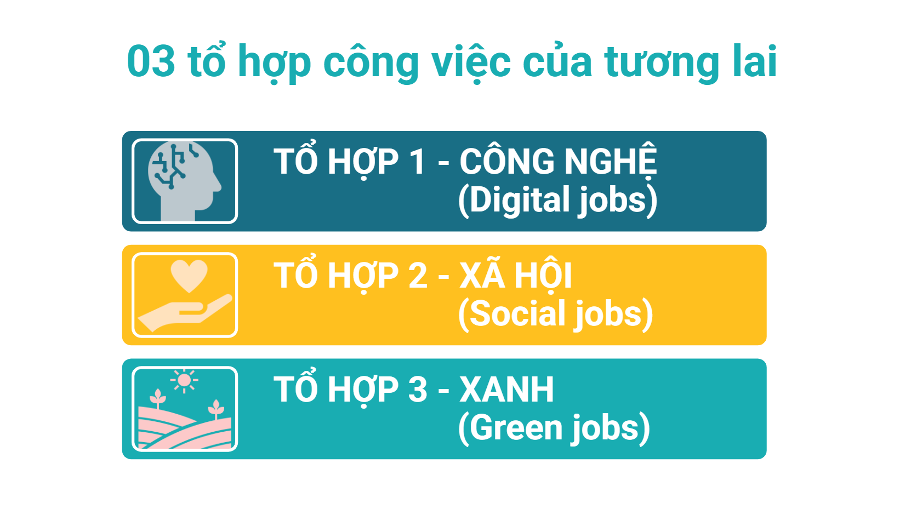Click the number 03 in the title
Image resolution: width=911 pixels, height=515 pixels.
click(151, 61)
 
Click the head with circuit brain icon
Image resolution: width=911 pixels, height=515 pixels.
click(184, 181)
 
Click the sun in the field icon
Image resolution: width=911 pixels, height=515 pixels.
click(184, 380)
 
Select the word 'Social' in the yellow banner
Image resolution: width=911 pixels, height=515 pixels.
click(519, 313)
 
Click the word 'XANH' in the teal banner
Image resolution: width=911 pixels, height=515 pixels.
click(506, 390)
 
